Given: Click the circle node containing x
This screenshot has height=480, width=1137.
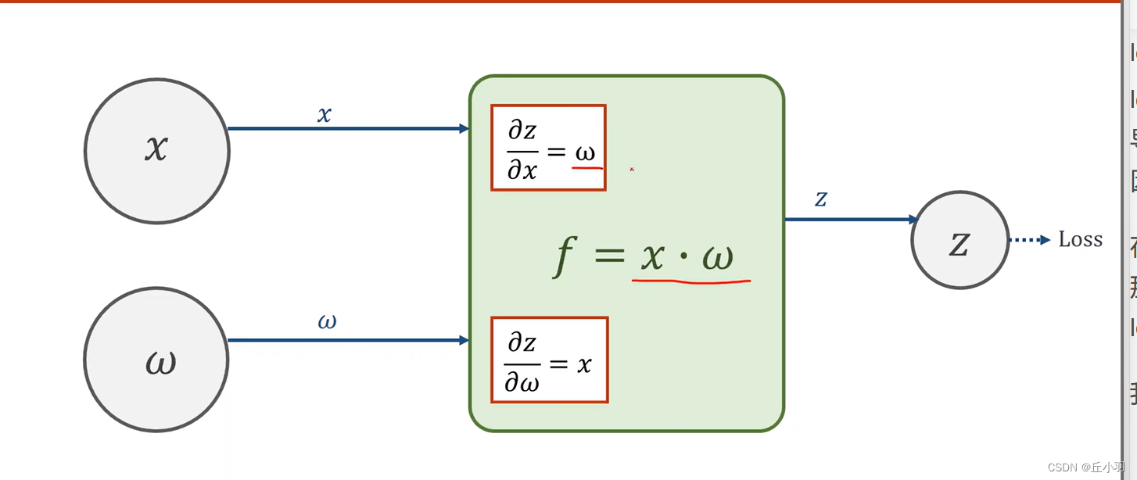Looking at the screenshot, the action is (x=156, y=151).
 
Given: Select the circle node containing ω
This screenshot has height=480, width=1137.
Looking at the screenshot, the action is (x=156, y=360).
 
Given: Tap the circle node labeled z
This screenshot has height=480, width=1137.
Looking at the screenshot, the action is (x=959, y=240).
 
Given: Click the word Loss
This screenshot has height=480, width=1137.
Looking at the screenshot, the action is (x=1080, y=239).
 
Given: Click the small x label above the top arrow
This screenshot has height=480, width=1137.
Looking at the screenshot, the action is (x=325, y=115).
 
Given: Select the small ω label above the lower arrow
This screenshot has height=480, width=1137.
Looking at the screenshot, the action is (x=327, y=321).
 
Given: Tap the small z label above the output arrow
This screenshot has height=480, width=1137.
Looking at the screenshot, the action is (x=820, y=199).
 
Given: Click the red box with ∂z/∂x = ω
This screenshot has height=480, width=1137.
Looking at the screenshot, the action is (x=548, y=148).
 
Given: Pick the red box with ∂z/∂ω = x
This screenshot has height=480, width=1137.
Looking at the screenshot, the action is (x=549, y=360).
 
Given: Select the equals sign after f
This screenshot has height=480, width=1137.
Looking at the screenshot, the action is (x=609, y=256).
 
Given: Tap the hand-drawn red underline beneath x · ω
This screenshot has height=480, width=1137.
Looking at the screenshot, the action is (x=691, y=279).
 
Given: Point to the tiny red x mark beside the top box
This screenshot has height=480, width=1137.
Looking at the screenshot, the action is (x=632, y=168).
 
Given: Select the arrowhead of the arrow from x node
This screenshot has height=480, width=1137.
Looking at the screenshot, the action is (x=464, y=129).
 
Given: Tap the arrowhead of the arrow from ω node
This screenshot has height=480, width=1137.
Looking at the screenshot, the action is (x=464, y=340).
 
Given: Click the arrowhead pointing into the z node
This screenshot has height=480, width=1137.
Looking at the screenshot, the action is (x=913, y=220).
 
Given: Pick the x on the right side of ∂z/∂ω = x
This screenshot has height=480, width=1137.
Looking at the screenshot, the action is (x=584, y=364).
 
